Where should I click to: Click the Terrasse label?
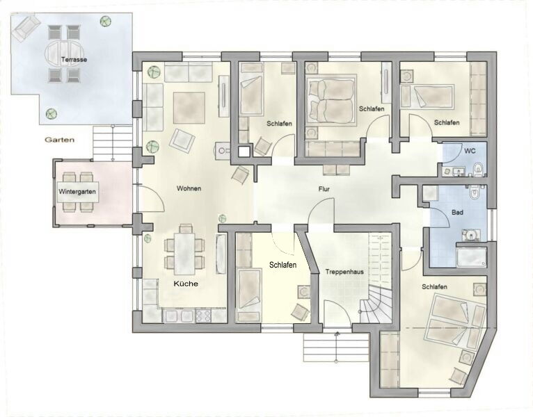click(x=74, y=60)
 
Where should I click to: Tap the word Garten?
click(x=59, y=140)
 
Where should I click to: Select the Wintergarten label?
click(x=77, y=192)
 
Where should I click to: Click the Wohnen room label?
click(x=189, y=188)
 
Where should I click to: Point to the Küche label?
click(x=186, y=284)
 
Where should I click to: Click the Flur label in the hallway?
click(x=324, y=189)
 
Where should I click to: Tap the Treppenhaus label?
click(x=344, y=272)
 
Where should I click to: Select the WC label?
click(x=470, y=151)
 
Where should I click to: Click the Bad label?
click(x=457, y=213)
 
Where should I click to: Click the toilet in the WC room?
click(x=478, y=169)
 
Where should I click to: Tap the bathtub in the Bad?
click(x=472, y=257)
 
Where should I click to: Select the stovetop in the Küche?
click(x=203, y=316)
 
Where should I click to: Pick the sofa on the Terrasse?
click(x=24, y=27)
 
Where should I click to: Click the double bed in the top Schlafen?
click(x=331, y=101)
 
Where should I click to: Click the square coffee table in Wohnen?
click(x=189, y=108)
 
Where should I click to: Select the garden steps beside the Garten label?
click(x=112, y=143)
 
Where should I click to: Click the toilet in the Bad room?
click(x=474, y=192)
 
